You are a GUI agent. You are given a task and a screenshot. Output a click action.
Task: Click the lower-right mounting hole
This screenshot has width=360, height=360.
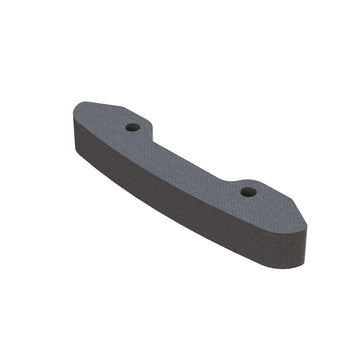coord(248,191)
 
